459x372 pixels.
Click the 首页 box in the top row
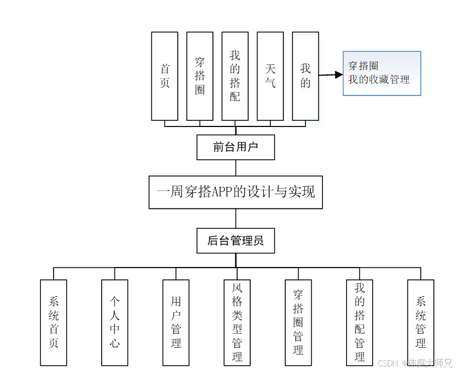tap(165, 76)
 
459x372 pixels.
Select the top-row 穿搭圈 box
tap(200, 76)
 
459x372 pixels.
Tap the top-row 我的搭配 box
tap(235, 76)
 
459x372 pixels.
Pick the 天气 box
tap(270, 76)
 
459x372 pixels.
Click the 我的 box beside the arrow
tap(305, 76)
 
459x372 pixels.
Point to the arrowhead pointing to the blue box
tap(339, 75)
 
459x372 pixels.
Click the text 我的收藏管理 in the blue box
tap(379, 80)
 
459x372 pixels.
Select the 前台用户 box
tap(235, 147)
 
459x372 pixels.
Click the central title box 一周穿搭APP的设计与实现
tap(235, 192)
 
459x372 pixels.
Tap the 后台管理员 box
tap(235, 241)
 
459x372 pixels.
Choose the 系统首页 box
tap(54, 322)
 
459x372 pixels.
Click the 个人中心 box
tap(115, 322)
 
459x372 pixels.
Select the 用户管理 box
tap(176, 322)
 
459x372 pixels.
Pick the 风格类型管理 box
tap(237, 322)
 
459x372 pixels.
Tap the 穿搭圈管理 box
tap(298, 322)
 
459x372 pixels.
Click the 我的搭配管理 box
tap(360, 322)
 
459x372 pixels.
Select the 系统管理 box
tap(421, 322)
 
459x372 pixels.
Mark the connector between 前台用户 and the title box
tap(236, 168)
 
